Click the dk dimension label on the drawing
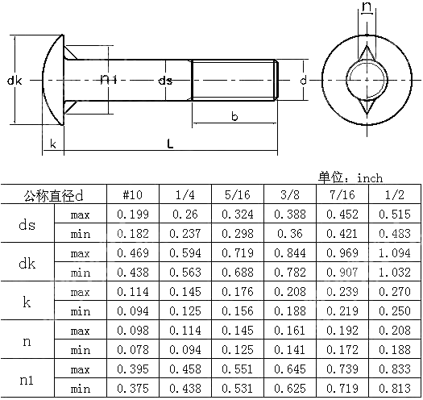(x=14, y=81)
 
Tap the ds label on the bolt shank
(x=164, y=81)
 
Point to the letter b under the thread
(x=234, y=117)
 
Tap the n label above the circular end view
(x=367, y=9)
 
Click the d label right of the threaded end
(x=302, y=81)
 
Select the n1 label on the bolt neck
(x=109, y=80)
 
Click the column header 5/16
(x=237, y=195)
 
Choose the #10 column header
(x=132, y=195)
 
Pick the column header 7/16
(x=342, y=195)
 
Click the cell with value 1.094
(x=394, y=253)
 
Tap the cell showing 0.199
(x=132, y=215)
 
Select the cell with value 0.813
(x=394, y=389)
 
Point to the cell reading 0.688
(x=237, y=273)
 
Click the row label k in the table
(x=27, y=302)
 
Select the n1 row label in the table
(x=27, y=379)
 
